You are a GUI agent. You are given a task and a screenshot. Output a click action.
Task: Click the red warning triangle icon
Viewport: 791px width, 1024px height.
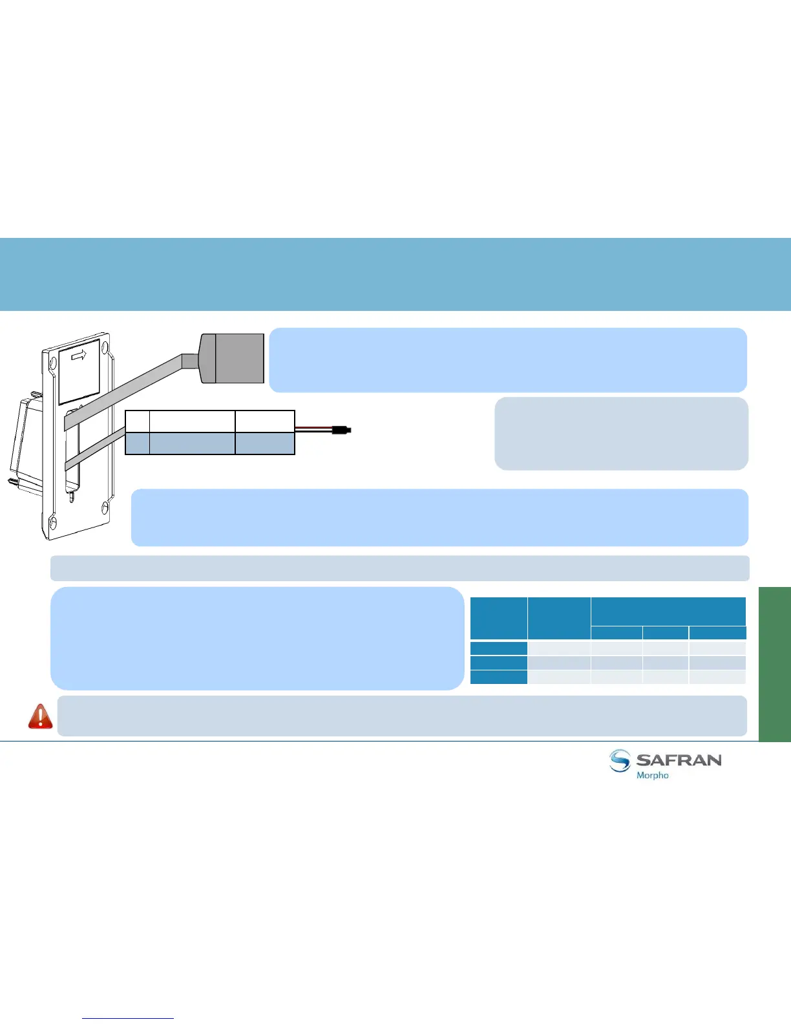point(40,716)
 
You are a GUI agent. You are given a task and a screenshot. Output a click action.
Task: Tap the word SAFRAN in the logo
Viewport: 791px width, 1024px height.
point(679,760)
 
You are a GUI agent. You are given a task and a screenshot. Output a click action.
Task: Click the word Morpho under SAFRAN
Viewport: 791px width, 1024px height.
point(653,775)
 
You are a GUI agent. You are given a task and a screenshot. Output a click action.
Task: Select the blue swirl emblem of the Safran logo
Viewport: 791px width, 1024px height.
point(620,761)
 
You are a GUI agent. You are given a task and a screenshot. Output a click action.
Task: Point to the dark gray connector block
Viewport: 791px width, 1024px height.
point(239,358)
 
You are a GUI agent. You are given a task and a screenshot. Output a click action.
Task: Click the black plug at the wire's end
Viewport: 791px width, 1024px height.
point(341,430)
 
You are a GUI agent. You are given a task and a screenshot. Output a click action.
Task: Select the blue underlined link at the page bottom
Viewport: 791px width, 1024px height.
point(128,1018)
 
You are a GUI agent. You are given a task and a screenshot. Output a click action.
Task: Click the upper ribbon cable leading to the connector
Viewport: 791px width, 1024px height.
point(129,388)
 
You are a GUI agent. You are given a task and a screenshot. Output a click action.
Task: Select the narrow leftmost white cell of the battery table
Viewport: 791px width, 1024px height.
point(137,421)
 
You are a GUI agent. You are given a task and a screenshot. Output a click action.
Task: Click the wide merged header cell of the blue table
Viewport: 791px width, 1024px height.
point(668,612)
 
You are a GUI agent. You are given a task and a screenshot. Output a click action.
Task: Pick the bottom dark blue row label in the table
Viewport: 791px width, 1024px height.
point(499,677)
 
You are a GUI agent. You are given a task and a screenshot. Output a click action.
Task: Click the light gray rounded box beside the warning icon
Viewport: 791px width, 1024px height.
point(402,716)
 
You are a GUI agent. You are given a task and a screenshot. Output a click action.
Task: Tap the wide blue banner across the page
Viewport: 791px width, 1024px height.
point(395,274)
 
